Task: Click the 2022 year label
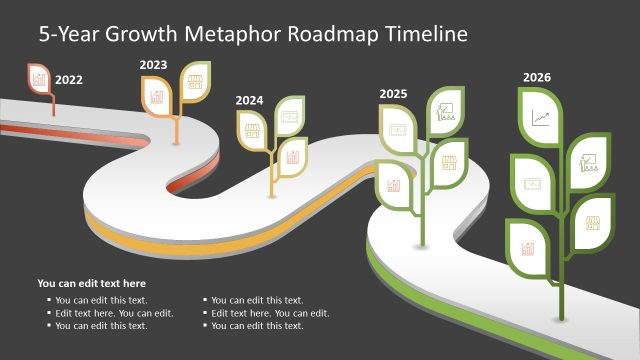(x=69, y=78)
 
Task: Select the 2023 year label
(x=153, y=65)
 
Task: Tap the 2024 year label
(x=250, y=100)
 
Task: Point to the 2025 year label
(x=393, y=94)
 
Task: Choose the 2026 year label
(x=537, y=77)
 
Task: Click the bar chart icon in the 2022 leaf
(x=40, y=77)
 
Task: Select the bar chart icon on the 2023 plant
(x=157, y=96)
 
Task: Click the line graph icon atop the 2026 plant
(x=541, y=118)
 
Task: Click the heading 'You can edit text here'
(x=91, y=283)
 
